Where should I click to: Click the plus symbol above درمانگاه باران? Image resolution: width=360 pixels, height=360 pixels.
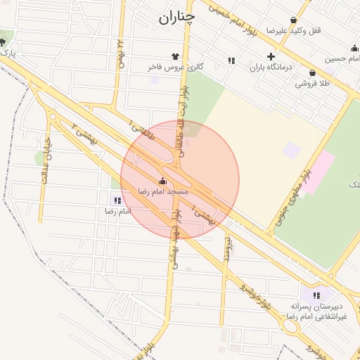[x=271, y=57]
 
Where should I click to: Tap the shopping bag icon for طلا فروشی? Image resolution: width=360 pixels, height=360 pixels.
[x=311, y=72]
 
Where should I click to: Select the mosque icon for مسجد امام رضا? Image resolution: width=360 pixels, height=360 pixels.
[x=163, y=181]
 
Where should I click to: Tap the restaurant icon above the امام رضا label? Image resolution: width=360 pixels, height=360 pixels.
[x=117, y=200]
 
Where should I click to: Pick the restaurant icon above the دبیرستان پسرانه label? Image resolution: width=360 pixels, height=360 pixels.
[x=316, y=295]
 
